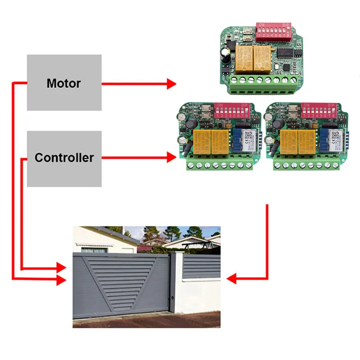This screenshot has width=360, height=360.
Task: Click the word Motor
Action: (x=64, y=83)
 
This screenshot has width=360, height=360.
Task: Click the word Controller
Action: (x=64, y=157)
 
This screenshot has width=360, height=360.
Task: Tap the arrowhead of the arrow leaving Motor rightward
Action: (x=171, y=83)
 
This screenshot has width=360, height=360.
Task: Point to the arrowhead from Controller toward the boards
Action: (x=171, y=157)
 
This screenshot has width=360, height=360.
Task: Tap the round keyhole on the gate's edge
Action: (x=173, y=298)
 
